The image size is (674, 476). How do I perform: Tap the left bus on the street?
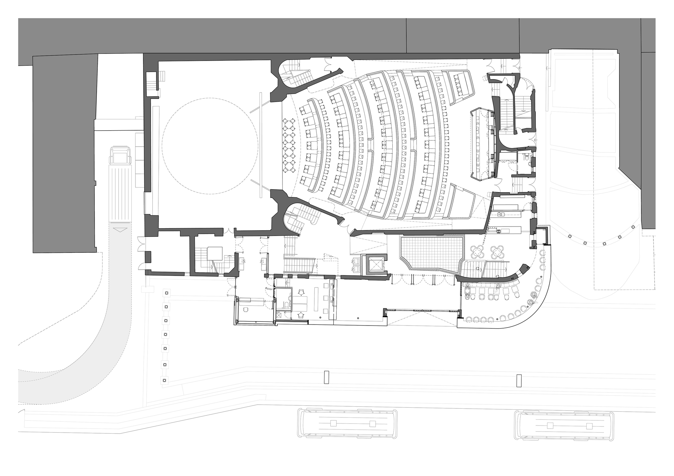(347, 423)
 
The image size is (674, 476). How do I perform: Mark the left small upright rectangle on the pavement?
(326, 377)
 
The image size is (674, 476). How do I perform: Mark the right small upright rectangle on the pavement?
(518, 381)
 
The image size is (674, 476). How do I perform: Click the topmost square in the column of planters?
(166, 293)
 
